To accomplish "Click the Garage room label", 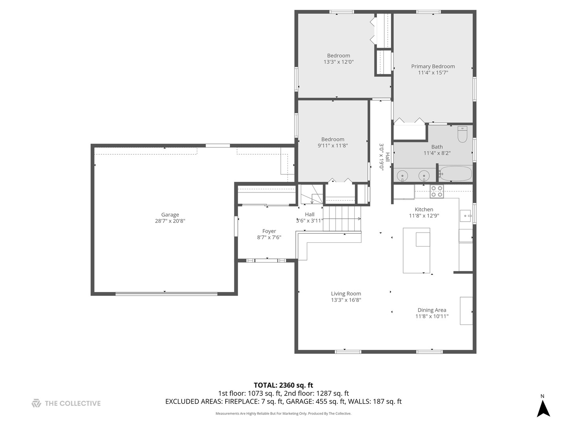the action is pyautogui.click(x=170, y=214).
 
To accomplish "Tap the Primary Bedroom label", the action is pyautogui.click(x=433, y=67).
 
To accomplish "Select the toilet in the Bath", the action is pyautogui.click(x=462, y=134).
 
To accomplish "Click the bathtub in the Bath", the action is pyautogui.click(x=456, y=174).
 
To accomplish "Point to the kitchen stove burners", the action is pyautogui.click(x=437, y=192).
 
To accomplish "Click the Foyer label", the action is pyautogui.click(x=269, y=231).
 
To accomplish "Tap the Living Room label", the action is pyautogui.click(x=346, y=294).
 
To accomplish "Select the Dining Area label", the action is pyautogui.click(x=432, y=310).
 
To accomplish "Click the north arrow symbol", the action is pyautogui.click(x=543, y=408).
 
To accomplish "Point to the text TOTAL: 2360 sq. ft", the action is pyautogui.click(x=283, y=385).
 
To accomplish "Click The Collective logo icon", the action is pyautogui.click(x=36, y=403).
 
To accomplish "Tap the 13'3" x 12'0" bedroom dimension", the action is pyautogui.click(x=338, y=62).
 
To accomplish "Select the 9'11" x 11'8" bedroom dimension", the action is pyautogui.click(x=332, y=146).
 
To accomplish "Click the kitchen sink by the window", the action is pyautogui.click(x=465, y=216).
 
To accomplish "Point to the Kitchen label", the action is pyautogui.click(x=424, y=209).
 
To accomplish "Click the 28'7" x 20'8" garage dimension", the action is pyautogui.click(x=170, y=221).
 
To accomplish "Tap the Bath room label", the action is pyautogui.click(x=437, y=147).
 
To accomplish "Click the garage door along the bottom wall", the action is pyautogui.click(x=166, y=294).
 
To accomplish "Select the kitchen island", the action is pyautogui.click(x=417, y=250).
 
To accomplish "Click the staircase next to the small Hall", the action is pyautogui.click(x=342, y=218).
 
